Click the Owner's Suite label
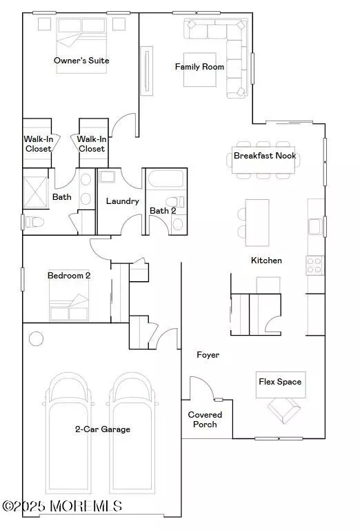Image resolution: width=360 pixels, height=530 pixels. [81, 61]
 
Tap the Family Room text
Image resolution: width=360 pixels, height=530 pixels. [199, 67]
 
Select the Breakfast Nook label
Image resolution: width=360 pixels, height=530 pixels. [265, 156]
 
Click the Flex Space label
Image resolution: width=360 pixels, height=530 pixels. [280, 382]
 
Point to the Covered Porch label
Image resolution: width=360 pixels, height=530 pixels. [205, 420]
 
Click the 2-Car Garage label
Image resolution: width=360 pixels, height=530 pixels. [103, 429]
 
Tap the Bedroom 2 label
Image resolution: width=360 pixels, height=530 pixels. [69, 276]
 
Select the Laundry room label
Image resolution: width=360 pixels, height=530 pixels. [123, 201]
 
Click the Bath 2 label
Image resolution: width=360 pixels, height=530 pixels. [163, 211]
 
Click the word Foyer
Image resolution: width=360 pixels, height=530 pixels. [208, 355]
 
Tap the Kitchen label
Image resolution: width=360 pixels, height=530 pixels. [266, 261]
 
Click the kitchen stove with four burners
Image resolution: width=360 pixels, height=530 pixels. [314, 265]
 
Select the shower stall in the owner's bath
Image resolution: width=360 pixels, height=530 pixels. [35, 192]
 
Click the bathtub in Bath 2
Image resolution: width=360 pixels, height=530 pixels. [166, 179]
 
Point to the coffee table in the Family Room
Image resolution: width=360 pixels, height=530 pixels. [199, 70]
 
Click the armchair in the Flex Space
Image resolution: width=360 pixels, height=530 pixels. [283, 409]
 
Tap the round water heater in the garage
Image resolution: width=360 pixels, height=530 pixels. [36, 338]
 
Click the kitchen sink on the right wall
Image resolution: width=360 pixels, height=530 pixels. [314, 227]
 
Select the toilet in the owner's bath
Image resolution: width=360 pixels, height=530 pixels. [34, 222]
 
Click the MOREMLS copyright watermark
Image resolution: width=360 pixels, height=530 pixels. [62, 506]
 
